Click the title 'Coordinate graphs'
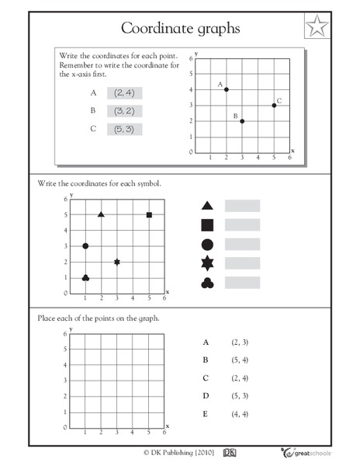179,28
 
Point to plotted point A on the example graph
227,89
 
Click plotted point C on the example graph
274,105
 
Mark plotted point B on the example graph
242,121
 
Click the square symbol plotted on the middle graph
149,214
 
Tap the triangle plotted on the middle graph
101,214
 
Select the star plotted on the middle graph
117,263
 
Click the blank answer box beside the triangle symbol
242,206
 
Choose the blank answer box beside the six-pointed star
242,263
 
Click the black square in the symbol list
207,225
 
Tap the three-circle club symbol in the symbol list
207,283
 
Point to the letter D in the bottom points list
206,396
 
